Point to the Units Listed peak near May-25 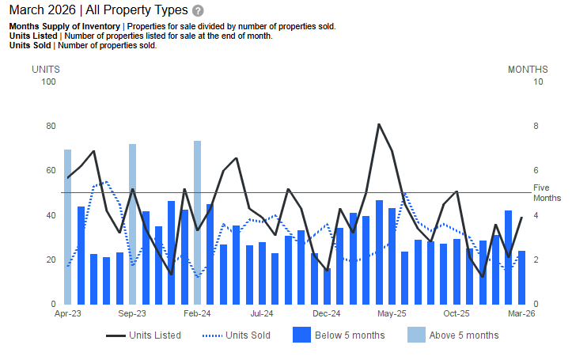379,125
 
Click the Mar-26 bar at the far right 521,277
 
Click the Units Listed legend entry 144,335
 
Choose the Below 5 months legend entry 339,335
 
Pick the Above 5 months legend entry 453,335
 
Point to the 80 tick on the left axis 51,127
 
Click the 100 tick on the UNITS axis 48,82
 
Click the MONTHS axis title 528,70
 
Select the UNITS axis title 45,70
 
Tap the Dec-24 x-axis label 326,313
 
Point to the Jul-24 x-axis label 262,313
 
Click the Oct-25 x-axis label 456,313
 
